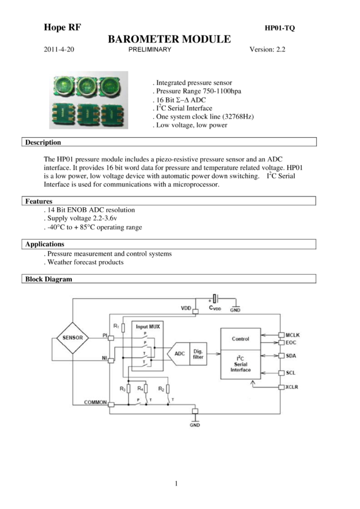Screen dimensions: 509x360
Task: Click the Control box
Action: [240, 338]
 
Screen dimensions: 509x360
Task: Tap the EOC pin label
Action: [292, 343]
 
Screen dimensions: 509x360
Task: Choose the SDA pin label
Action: [292, 356]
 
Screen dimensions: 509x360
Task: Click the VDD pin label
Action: [186, 308]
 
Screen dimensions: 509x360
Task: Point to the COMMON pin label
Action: [95, 404]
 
